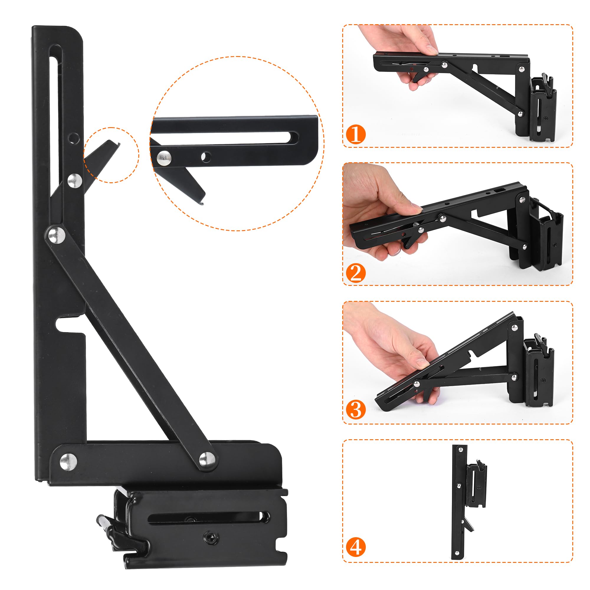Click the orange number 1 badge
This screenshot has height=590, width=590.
click(x=356, y=134)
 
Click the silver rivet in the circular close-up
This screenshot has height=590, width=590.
click(x=164, y=158)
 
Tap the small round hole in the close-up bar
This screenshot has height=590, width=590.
click(x=206, y=157)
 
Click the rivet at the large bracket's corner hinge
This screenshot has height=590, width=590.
click(x=68, y=462)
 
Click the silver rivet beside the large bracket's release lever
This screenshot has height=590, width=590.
click(x=75, y=181)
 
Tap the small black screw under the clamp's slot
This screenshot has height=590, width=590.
click(x=210, y=537)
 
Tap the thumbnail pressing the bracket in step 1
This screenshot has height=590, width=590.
click(x=432, y=49)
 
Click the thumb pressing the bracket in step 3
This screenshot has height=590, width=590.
click(x=423, y=363)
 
